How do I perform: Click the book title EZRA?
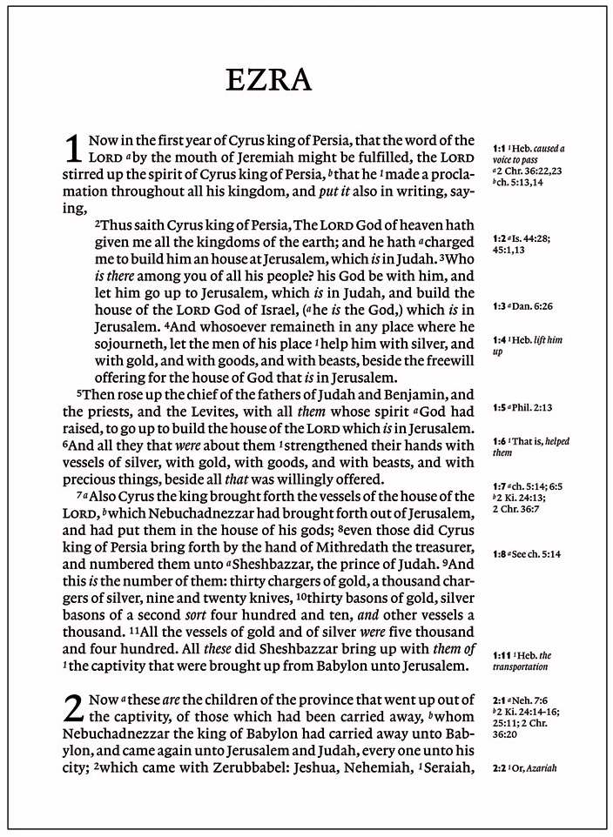click(268, 79)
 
